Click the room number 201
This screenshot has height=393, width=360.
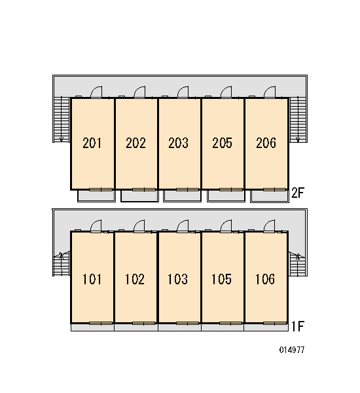click(x=92, y=143)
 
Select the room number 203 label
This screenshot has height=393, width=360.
click(x=178, y=143)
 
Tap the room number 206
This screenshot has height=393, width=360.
click(x=266, y=143)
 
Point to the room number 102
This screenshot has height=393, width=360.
click(x=135, y=279)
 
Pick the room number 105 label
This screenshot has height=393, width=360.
click(x=221, y=279)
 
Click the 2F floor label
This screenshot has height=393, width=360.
click(x=298, y=193)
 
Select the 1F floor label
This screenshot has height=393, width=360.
click(x=298, y=326)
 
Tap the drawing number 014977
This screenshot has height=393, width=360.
click(x=292, y=350)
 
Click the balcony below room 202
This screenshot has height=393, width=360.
click(x=139, y=196)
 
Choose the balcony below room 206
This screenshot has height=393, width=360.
click(x=270, y=196)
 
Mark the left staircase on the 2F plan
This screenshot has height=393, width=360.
click(x=62, y=120)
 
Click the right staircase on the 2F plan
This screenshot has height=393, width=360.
click(x=298, y=120)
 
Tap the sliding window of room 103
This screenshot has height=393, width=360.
click(x=187, y=324)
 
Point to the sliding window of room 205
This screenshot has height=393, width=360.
click(x=231, y=189)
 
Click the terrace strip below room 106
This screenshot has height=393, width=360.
click(x=266, y=327)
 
